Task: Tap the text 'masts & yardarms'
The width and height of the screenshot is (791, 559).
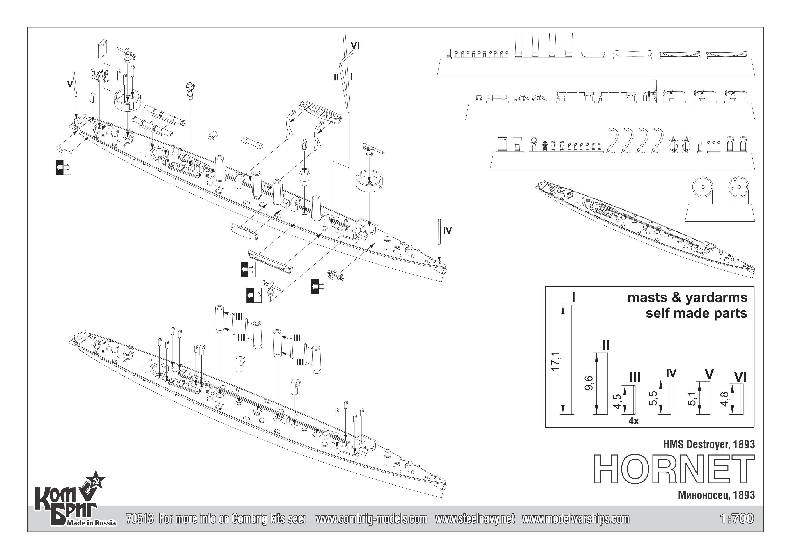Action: coord(687,298)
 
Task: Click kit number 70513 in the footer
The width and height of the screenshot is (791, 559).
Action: coord(140,519)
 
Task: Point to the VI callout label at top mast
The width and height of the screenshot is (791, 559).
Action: coord(355,46)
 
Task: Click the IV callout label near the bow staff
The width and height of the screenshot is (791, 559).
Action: coord(447,231)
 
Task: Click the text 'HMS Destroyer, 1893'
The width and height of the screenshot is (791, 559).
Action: coord(709,444)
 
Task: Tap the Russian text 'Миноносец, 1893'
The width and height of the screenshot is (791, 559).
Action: coord(717,495)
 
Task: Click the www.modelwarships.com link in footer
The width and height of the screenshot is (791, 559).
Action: coord(576,519)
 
